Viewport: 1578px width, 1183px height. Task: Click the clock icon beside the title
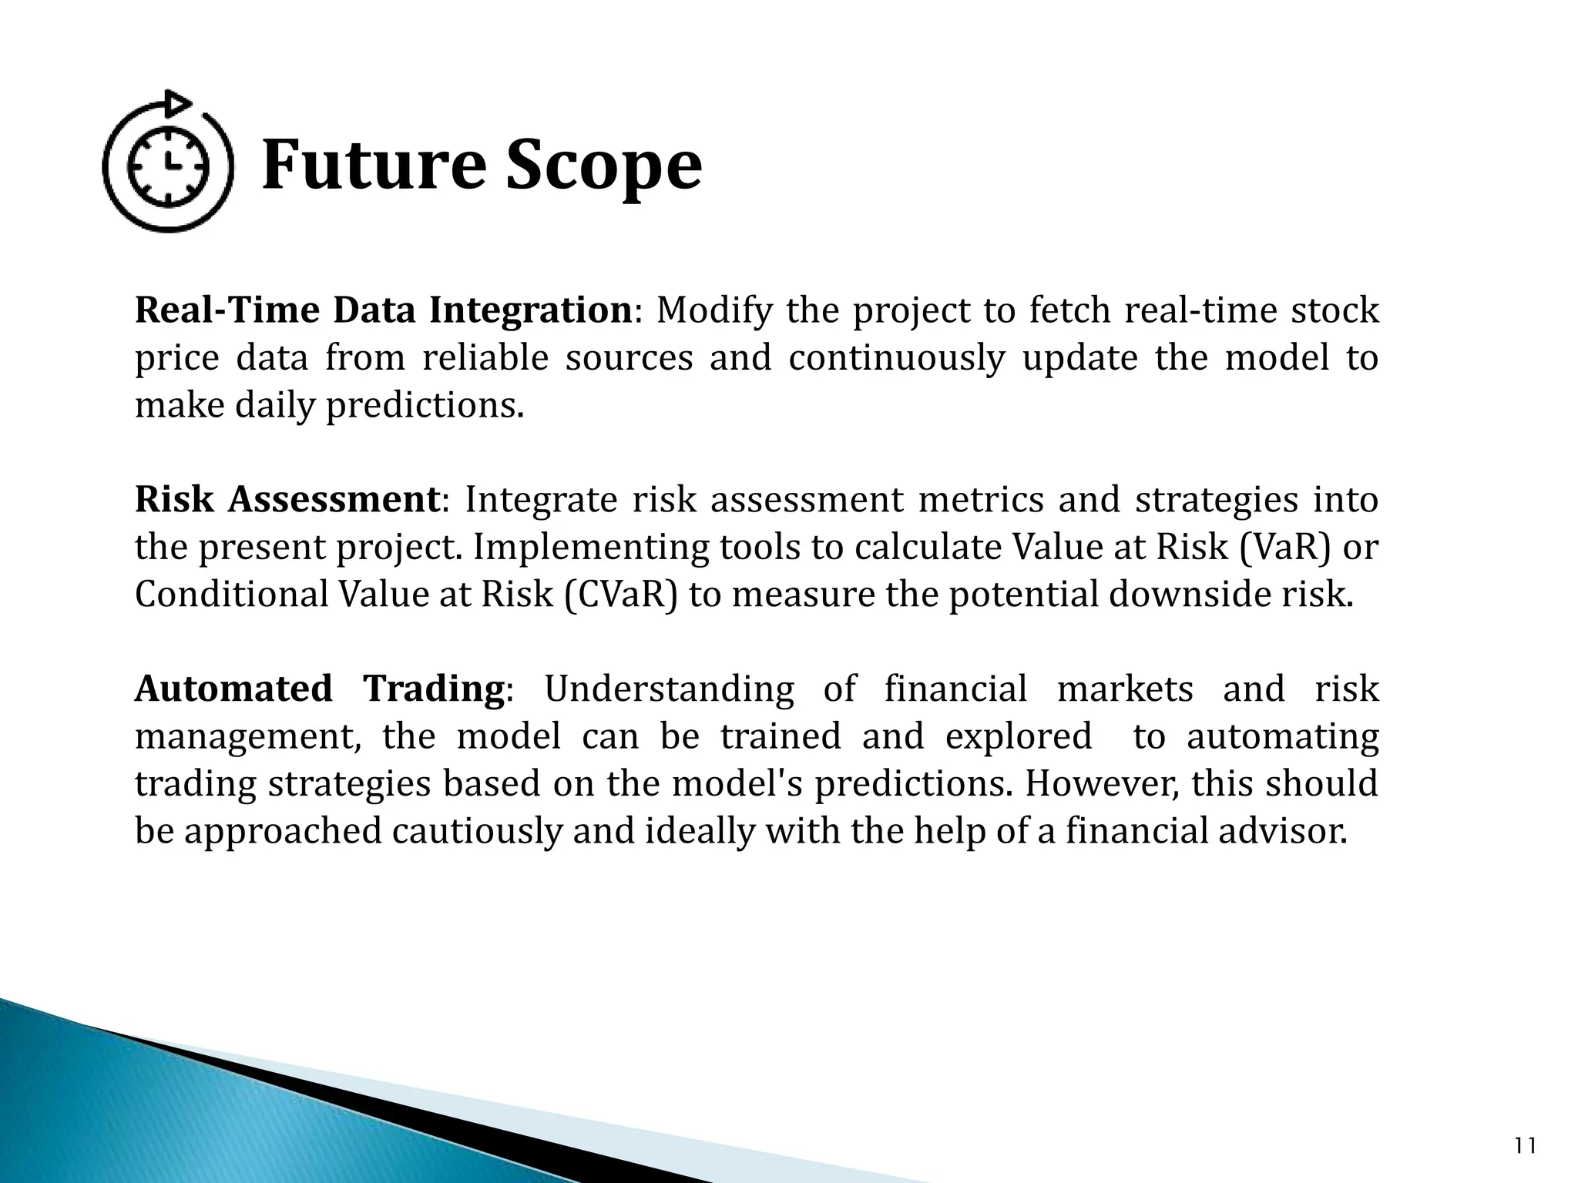168,166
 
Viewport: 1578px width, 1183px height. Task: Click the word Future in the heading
373,166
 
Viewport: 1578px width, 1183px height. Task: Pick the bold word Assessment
334,499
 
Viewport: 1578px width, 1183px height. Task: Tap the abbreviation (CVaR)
621,595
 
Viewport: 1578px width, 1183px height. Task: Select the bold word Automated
233,689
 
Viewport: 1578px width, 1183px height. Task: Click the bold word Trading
434,689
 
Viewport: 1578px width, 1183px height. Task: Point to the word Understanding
669,689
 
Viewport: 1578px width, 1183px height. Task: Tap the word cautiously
478,831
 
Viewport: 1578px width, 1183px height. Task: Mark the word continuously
897,358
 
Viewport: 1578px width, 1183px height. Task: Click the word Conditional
232,595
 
